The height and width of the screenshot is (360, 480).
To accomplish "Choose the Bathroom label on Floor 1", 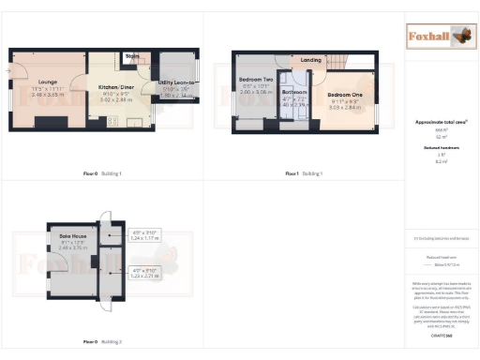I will [x=295, y=93].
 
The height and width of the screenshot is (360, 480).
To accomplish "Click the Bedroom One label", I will [x=344, y=96].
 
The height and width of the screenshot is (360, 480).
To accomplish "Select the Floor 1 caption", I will [x=290, y=173].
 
